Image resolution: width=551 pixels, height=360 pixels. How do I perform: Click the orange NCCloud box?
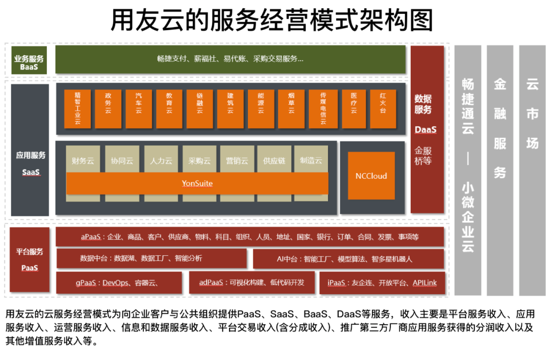[x=371, y=176]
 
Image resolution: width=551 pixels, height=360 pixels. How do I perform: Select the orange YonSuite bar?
[x=197, y=183]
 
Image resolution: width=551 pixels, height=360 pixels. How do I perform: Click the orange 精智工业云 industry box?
[x=78, y=108]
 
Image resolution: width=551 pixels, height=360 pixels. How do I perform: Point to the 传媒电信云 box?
[x=322, y=108]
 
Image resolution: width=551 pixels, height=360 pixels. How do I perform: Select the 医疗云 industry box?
[x=353, y=108]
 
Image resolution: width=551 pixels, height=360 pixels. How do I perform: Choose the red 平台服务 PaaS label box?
[x=30, y=259]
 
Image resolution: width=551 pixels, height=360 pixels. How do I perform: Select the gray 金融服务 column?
[x=499, y=170]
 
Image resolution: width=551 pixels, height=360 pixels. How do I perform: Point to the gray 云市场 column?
[x=532, y=170]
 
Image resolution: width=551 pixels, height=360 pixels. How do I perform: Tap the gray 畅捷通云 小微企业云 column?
[x=467, y=170]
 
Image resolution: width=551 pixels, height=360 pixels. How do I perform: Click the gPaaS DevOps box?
[x=119, y=282]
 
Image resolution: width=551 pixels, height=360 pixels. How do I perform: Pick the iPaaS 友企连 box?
[x=382, y=282]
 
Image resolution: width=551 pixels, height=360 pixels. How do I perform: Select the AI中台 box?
[x=348, y=259]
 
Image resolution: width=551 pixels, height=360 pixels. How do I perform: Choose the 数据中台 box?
[x=152, y=258]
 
